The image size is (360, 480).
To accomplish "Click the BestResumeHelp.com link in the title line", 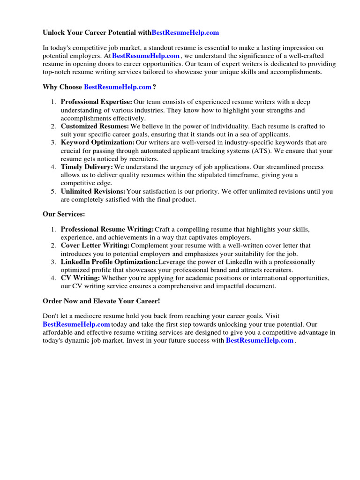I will (185, 33).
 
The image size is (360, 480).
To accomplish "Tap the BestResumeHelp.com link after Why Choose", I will (118, 87).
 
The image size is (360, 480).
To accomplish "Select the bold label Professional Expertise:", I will (97, 102).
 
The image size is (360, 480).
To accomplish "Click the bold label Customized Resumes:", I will (95, 127).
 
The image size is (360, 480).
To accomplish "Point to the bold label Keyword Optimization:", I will (97, 142).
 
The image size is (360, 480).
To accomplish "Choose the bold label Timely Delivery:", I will (87, 167).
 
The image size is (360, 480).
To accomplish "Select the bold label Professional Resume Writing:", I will (107, 229).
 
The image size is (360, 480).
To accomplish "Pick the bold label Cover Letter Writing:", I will (95, 246).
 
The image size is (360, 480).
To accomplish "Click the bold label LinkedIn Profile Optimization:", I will (109, 262).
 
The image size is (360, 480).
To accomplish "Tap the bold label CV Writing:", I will (80, 278).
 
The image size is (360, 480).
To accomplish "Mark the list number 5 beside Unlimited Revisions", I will (53, 191).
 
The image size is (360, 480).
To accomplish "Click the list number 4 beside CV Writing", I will (53, 278).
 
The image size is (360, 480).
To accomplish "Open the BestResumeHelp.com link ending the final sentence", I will (260, 341).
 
